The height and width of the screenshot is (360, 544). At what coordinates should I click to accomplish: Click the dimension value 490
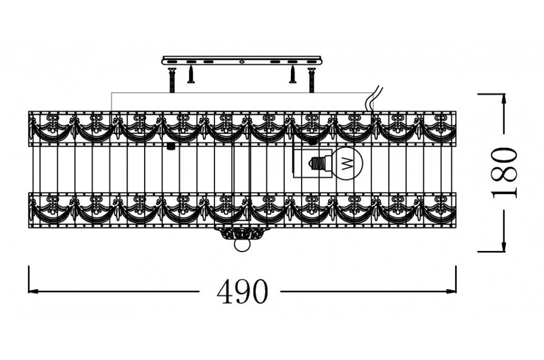click(242, 292)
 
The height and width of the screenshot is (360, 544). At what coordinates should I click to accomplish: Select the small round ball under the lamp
click(241, 246)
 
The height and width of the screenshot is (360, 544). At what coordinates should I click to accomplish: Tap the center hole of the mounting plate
click(241, 62)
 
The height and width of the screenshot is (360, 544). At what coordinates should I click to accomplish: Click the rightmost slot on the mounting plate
click(312, 62)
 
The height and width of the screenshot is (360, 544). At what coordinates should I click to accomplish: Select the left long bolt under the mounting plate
click(171, 80)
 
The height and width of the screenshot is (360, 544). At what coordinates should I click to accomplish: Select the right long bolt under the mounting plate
click(312, 80)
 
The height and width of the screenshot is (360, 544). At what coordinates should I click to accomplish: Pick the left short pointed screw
click(191, 75)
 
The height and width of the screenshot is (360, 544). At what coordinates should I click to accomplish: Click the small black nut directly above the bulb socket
click(313, 141)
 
